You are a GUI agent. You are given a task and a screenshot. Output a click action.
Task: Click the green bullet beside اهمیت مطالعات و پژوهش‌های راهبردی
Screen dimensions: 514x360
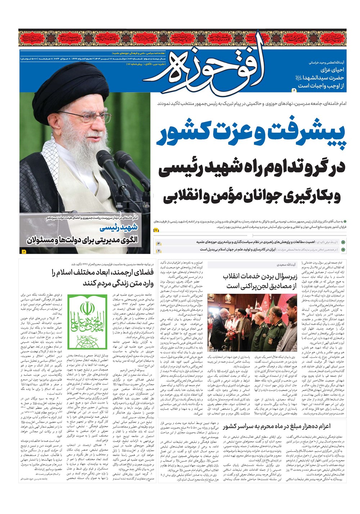coord(343,243)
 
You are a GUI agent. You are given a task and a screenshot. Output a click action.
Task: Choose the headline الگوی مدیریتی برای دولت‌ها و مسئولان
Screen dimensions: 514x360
coord(82,240)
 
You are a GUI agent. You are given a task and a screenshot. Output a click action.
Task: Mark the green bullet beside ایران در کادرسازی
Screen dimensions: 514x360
coord(343,249)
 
